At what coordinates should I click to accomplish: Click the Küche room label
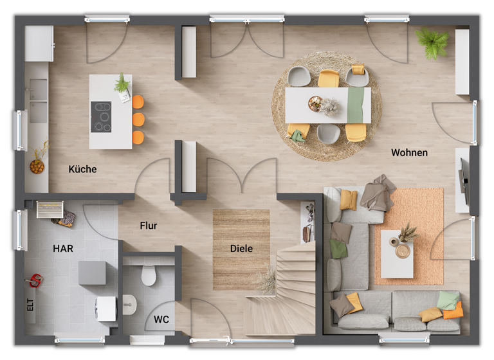click(83, 169)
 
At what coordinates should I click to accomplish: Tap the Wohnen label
click(409, 153)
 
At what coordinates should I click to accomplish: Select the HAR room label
click(63, 248)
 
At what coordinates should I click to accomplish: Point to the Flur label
click(149, 226)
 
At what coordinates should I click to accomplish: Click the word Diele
click(241, 248)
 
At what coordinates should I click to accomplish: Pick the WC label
click(161, 318)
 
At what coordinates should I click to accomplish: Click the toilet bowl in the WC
click(149, 274)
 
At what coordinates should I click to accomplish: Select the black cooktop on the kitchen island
click(101, 116)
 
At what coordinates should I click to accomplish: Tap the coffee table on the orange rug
click(396, 253)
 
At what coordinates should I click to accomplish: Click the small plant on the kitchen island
click(122, 83)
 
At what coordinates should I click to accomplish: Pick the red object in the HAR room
click(35, 280)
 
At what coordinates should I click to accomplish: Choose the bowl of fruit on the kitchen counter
click(37, 166)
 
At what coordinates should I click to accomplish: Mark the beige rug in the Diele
click(241, 248)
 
